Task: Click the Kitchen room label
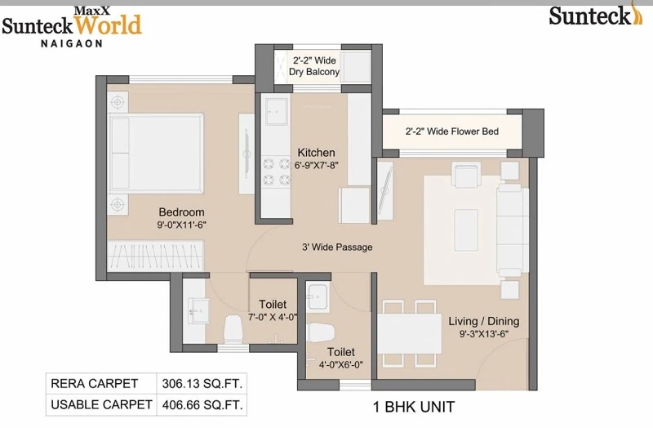click(x=316, y=153)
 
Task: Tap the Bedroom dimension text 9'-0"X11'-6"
click(x=181, y=225)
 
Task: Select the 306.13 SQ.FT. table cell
click(x=202, y=383)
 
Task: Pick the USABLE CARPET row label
click(x=101, y=404)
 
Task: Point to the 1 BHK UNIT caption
click(x=414, y=407)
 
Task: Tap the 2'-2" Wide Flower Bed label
click(x=452, y=132)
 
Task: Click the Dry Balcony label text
click(x=314, y=72)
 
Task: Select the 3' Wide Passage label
click(x=337, y=247)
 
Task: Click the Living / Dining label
click(x=484, y=321)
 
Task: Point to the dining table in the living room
click(x=410, y=333)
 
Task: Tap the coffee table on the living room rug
click(x=466, y=230)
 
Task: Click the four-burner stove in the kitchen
click(x=276, y=172)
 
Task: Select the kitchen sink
click(x=277, y=111)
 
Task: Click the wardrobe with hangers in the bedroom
click(x=156, y=256)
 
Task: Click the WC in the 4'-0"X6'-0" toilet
click(x=321, y=333)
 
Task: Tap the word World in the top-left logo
click(x=108, y=25)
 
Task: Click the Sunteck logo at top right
click(x=596, y=15)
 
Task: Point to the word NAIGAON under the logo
click(x=72, y=43)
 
